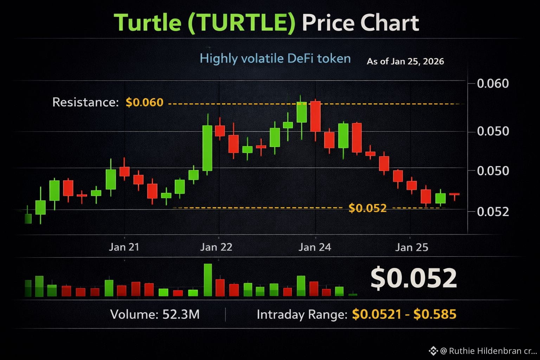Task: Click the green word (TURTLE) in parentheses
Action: pos(242,23)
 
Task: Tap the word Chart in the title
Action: pos(390,23)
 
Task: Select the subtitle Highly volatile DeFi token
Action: pos(275,58)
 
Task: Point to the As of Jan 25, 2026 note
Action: pos(405,62)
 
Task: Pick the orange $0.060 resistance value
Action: pos(144,102)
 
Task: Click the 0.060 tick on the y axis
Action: pos(493,84)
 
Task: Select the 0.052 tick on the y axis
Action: pos(493,212)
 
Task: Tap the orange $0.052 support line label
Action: pos(367,208)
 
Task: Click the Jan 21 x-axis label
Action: pos(124,247)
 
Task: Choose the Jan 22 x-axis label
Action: pos(216,247)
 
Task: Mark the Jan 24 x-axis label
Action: pos(315,247)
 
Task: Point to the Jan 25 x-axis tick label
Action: pos(411,247)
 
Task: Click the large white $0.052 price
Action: pos(413,278)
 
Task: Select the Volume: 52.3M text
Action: pos(155,314)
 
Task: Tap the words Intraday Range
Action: pos(302,314)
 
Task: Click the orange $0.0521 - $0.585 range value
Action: pos(404,314)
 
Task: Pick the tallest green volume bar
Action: pos(208,280)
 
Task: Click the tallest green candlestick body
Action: pos(208,148)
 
